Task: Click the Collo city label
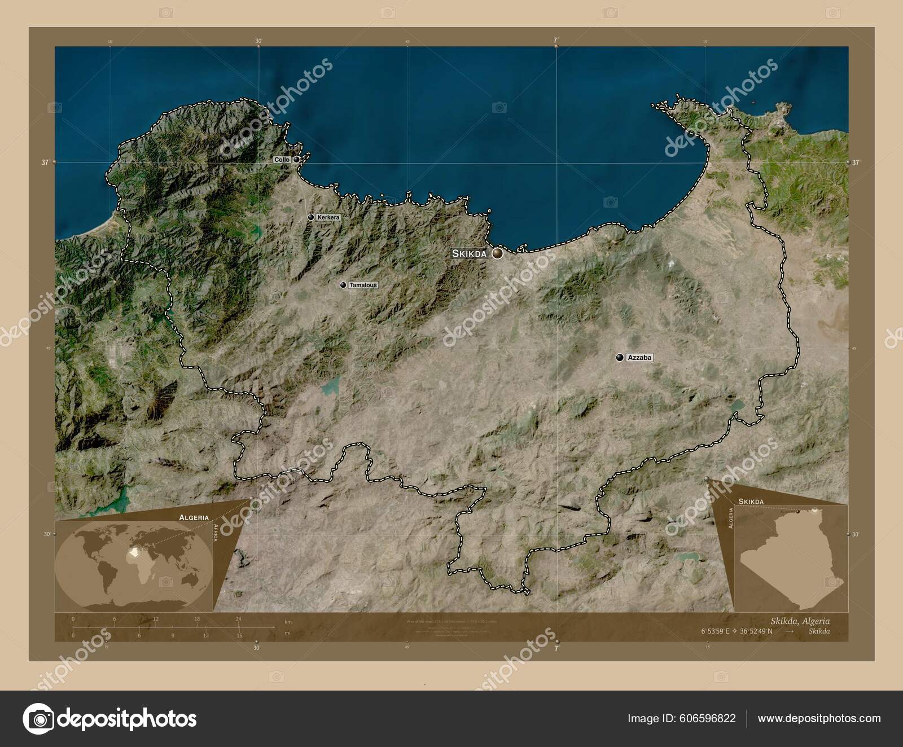282,160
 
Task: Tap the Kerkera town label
328,217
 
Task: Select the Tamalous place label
363,285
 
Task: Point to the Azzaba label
639,358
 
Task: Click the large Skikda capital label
469,254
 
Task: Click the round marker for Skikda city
497,254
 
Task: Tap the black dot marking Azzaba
620,357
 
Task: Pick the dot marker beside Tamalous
343,285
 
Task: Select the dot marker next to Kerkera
310,217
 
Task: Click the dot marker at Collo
296,160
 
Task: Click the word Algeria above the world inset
194,517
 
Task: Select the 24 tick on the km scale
239,619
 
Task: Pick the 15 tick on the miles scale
239,635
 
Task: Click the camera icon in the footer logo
38,719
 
